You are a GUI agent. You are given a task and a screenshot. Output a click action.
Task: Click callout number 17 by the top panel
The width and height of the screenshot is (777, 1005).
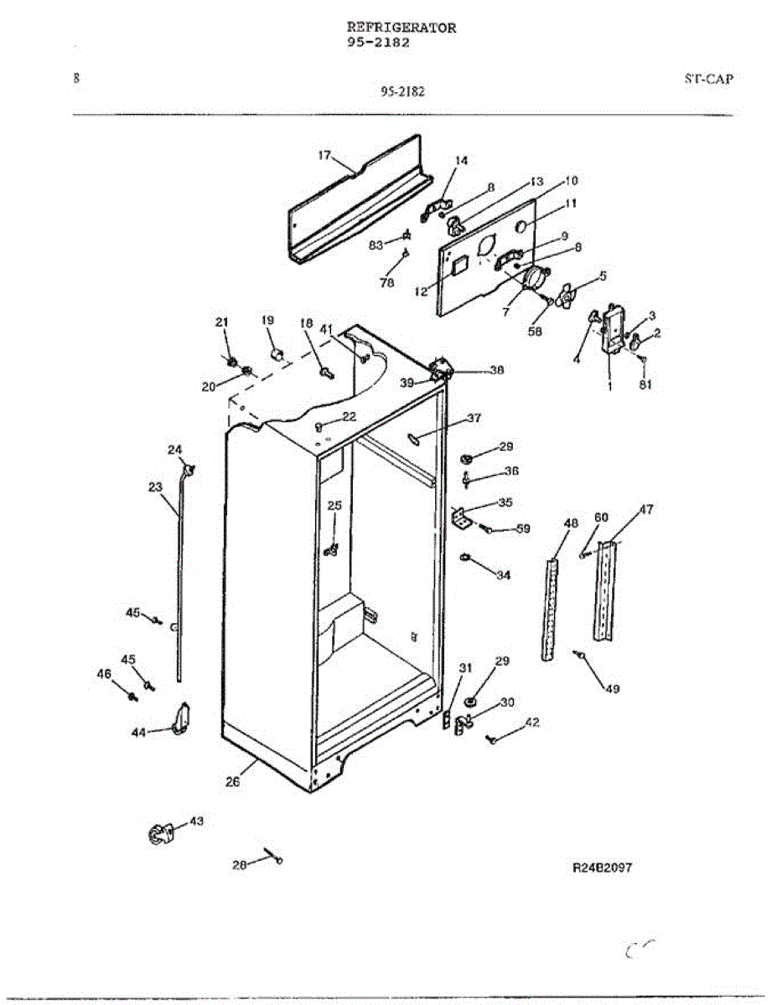tap(325, 155)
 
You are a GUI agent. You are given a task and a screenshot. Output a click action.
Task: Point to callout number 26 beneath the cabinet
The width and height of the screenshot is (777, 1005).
tap(232, 782)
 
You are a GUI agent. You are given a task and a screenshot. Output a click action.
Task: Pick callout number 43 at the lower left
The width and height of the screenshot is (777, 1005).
tap(195, 822)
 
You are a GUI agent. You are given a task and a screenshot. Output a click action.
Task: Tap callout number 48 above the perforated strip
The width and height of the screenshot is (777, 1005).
tap(571, 523)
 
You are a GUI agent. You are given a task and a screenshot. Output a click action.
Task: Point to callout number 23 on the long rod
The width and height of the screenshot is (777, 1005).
tap(155, 486)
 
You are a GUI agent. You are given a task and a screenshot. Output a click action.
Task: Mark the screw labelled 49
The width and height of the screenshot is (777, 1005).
tap(579, 655)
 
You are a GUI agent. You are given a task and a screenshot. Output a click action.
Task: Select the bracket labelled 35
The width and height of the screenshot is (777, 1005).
tap(460, 519)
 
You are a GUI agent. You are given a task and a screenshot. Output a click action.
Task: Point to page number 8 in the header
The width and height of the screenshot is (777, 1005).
tap(76, 79)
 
